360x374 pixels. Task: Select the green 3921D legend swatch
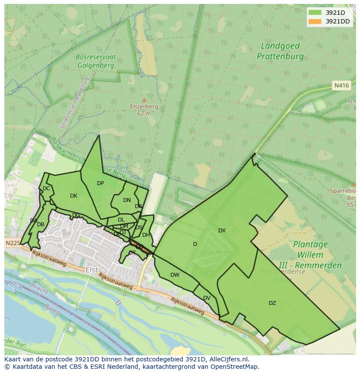click(314, 13)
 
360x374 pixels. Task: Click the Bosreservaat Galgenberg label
click(95, 61)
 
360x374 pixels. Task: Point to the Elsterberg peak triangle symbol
click(144, 100)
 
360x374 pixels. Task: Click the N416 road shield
click(341, 86)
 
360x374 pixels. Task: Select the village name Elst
click(91, 270)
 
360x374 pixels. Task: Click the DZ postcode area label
click(272, 303)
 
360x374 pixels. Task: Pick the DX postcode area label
click(222, 231)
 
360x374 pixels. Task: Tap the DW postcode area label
click(175, 275)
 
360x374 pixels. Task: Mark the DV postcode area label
click(207, 298)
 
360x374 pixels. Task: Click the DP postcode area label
click(100, 183)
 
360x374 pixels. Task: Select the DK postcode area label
click(73, 196)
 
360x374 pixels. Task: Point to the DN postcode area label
click(127, 200)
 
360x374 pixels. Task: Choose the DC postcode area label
click(46, 189)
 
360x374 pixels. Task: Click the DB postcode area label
click(40, 225)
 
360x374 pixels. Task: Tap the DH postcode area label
click(146, 235)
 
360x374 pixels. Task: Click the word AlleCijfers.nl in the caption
click(227, 360)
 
